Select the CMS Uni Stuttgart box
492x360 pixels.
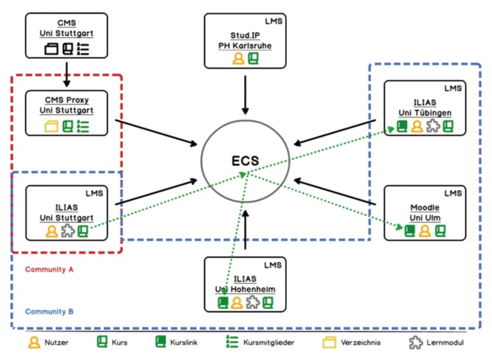pos(66,35)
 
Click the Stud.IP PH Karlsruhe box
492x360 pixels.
pos(245,40)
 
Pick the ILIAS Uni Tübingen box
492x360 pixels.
pos(424,109)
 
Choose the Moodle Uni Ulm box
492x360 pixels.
pos(424,212)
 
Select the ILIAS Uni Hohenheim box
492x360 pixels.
pos(245,286)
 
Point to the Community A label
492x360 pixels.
pos(49,269)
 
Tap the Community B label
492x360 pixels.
pos(49,311)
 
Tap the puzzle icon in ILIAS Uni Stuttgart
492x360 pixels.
pos(67,231)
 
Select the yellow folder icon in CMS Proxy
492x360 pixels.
pos(51,126)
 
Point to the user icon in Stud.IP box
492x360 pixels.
pos(238,59)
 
